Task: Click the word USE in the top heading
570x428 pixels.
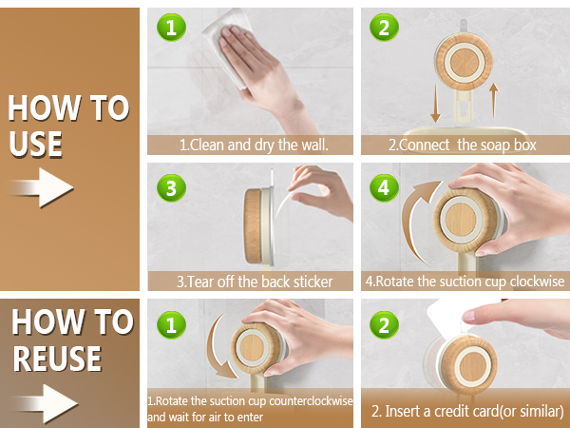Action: point(36,144)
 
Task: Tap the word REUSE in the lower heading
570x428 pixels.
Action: point(57,359)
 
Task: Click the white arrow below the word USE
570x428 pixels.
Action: point(43,187)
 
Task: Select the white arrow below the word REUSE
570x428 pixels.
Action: point(47,403)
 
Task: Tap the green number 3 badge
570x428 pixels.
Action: point(171,187)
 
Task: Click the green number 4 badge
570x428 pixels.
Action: point(384,187)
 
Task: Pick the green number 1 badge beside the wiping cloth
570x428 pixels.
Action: point(171,28)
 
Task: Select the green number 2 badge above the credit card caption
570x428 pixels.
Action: point(384,324)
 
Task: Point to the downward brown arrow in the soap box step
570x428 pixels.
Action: point(435,104)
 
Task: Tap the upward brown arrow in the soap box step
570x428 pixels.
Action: point(493,100)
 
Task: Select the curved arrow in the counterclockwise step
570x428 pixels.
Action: point(216,349)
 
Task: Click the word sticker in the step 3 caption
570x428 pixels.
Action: point(313,282)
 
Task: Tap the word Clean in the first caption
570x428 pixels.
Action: point(207,145)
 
